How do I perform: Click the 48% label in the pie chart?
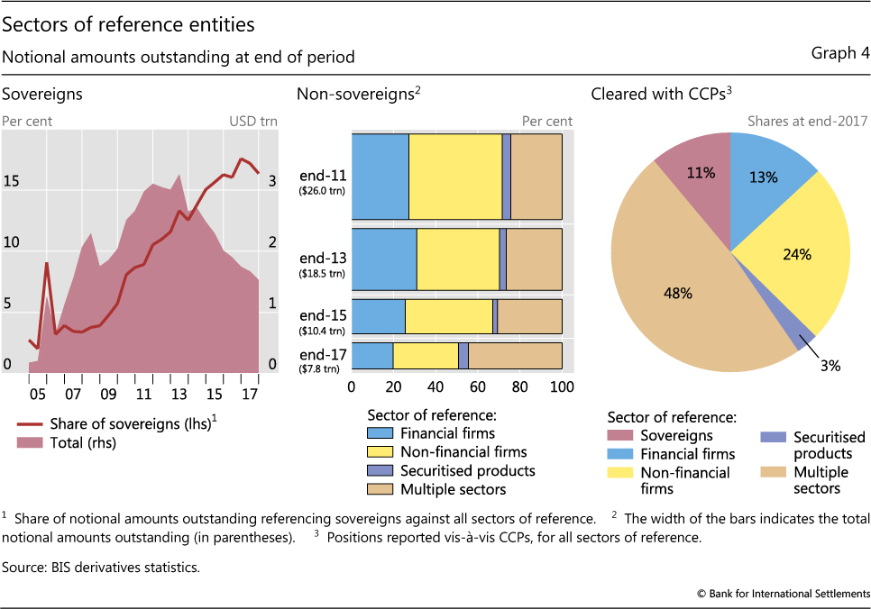tap(678, 293)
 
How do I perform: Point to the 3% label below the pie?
tap(830, 365)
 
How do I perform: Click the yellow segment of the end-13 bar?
tap(458, 258)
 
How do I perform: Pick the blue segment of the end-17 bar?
tap(372, 356)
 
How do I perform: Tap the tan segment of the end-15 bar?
tap(529, 317)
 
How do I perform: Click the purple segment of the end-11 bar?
tap(507, 177)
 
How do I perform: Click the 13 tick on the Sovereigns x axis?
tap(179, 394)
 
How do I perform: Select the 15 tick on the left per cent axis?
tap(11, 181)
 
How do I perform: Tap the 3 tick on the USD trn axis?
tap(271, 180)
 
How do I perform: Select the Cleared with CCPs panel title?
tap(659, 94)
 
